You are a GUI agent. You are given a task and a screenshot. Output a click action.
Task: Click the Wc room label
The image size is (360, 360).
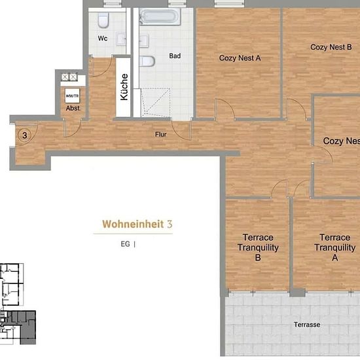103,38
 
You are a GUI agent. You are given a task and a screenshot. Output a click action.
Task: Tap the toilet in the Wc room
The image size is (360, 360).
103,20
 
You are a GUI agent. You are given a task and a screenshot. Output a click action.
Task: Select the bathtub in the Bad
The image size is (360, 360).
160,16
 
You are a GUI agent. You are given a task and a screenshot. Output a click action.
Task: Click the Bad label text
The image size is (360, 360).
175,56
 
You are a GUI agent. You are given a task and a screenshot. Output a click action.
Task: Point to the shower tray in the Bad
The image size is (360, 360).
156,102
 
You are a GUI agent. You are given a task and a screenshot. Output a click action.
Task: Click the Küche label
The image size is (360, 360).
124,87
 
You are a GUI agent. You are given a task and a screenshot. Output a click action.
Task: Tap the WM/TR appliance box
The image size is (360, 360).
72,96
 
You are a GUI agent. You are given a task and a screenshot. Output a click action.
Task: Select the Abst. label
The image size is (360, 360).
73,108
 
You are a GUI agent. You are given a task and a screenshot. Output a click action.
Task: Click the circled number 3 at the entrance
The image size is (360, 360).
25,135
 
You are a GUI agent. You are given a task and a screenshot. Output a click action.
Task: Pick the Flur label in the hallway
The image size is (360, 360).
161,134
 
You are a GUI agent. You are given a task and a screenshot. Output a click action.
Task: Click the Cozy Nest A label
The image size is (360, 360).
240,58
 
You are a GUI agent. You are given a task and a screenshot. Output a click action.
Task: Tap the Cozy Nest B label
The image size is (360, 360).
331,47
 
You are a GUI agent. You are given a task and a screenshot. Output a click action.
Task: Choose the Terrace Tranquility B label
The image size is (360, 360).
258,247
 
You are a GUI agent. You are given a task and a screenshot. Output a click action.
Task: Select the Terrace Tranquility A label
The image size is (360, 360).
334,247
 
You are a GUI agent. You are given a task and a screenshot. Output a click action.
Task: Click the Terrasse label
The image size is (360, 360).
307,325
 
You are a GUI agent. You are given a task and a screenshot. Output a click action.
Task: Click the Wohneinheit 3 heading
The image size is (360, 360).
137,224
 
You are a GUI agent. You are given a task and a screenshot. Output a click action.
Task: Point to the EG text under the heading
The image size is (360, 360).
126,244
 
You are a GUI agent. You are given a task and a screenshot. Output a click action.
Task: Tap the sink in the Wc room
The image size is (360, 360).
121,39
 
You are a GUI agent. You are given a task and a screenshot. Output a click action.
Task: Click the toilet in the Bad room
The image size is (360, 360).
147,62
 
